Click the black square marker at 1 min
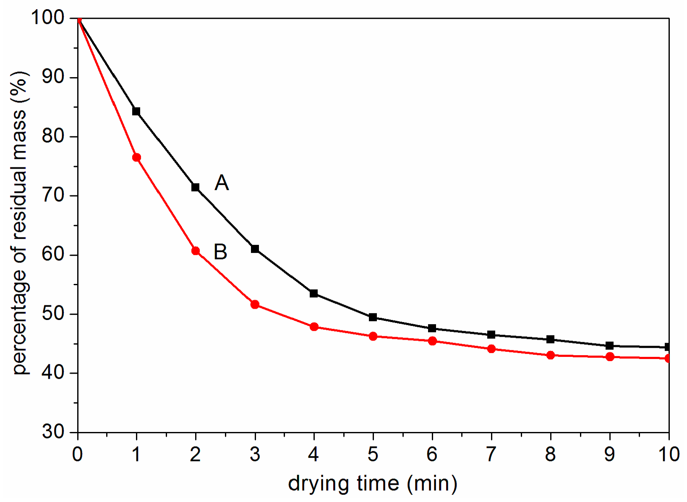(x=136, y=112)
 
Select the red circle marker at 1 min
(x=136, y=158)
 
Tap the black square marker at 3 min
(x=255, y=249)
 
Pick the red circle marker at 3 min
(x=255, y=304)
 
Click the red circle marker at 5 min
(x=373, y=336)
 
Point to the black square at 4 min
(x=314, y=294)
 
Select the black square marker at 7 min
(x=491, y=335)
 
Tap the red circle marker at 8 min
(x=551, y=355)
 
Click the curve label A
(x=222, y=183)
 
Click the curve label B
(x=220, y=252)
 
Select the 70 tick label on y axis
(x=53, y=195)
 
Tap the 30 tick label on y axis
(x=53, y=432)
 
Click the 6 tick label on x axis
(x=432, y=454)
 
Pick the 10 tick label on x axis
(x=668, y=454)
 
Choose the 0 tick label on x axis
(x=78, y=454)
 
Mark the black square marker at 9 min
(x=610, y=346)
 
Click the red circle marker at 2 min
(x=196, y=251)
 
